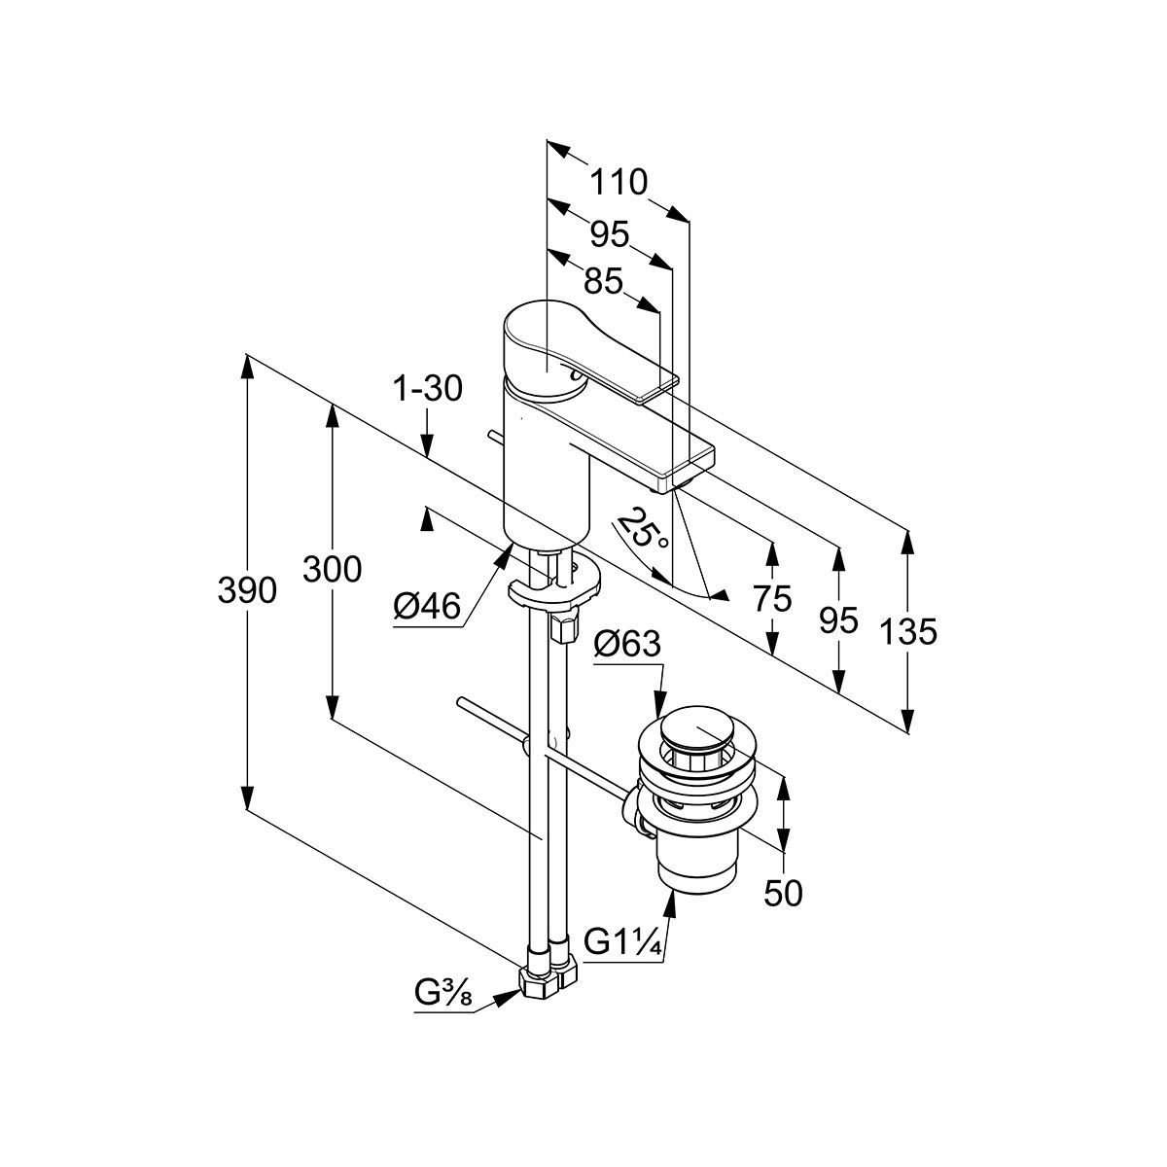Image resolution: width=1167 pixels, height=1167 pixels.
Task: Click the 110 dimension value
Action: coord(619,182)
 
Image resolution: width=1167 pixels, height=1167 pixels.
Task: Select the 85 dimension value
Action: coord(603,282)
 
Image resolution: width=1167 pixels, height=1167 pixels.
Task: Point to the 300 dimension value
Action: coord(332,568)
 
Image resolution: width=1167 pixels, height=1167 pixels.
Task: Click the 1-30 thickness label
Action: coord(427,388)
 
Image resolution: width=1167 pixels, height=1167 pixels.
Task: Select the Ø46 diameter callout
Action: coord(426,608)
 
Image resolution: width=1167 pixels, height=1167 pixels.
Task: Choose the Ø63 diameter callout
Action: coord(627,644)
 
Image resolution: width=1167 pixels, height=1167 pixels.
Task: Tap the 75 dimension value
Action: coord(772,599)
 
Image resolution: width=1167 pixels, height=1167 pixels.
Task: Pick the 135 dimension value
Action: coord(908,632)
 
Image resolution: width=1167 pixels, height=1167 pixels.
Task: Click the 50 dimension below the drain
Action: coord(784,892)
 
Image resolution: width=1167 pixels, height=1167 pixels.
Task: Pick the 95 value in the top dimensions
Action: coord(610,234)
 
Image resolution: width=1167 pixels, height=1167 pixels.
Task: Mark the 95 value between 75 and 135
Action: coord(838,619)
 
